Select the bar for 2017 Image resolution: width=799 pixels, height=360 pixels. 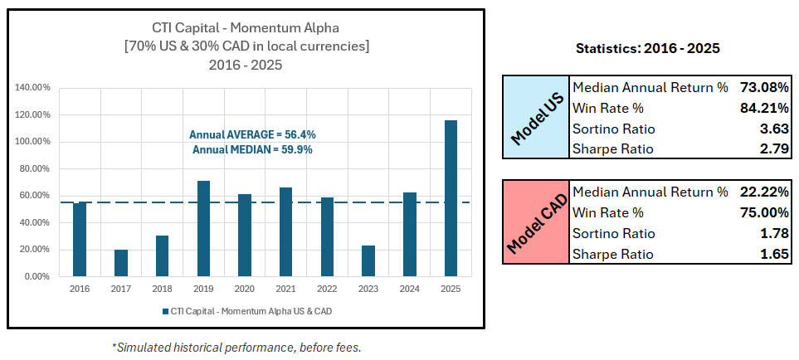[121, 263]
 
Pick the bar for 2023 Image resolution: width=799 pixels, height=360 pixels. [368, 260]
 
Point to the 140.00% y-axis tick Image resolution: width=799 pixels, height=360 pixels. [32, 87]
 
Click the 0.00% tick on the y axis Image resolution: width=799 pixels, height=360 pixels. [37, 276]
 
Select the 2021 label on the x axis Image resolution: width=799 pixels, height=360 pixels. [285, 289]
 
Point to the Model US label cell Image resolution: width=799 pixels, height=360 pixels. [536, 118]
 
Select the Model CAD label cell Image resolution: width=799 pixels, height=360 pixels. [536, 221]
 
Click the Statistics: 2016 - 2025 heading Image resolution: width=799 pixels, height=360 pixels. [647, 49]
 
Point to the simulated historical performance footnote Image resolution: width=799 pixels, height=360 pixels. [236, 348]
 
